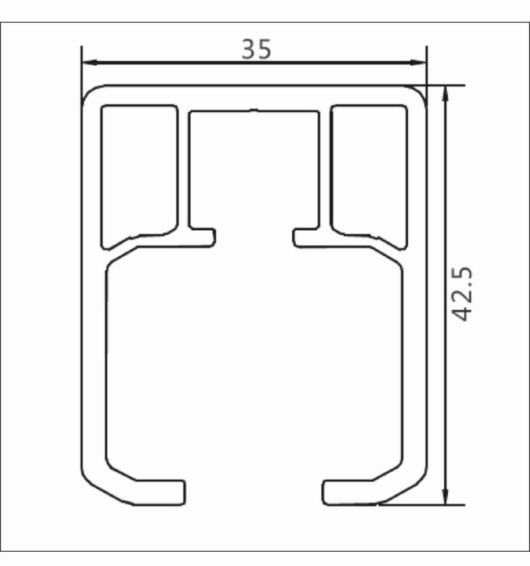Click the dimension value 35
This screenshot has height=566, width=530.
point(255,49)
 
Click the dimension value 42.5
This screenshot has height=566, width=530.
point(463,294)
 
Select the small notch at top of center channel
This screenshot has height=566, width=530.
point(255,110)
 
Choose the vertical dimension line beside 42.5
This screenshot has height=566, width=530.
point(446,396)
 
